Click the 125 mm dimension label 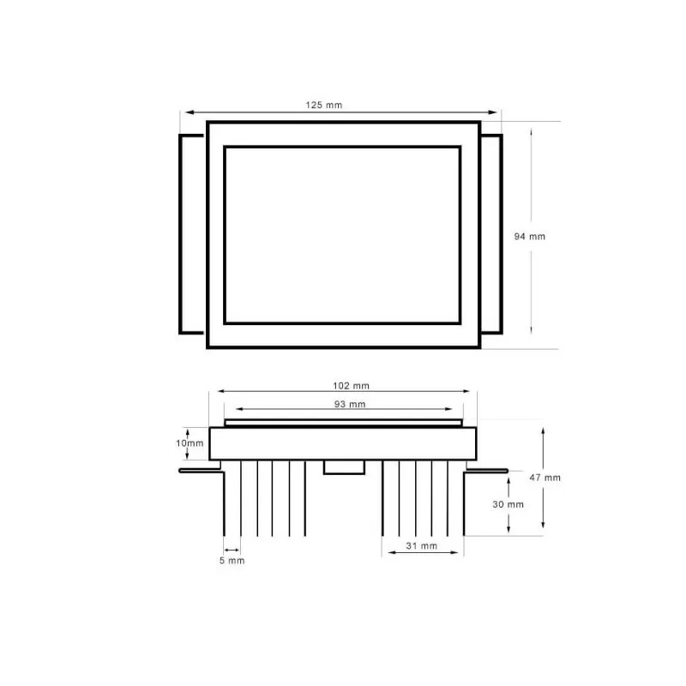tap(324, 105)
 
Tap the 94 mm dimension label tap(529, 237)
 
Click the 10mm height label tap(190, 443)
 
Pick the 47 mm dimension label tap(546, 478)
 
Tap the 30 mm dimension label tap(508, 504)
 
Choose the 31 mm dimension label tap(421, 545)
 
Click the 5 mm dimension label tap(232, 561)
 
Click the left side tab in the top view tap(192, 233)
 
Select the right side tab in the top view tap(490, 233)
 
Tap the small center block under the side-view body tap(342, 466)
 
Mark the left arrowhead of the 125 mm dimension tap(184, 111)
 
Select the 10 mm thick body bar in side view tap(343, 443)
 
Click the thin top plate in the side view tap(343, 424)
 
